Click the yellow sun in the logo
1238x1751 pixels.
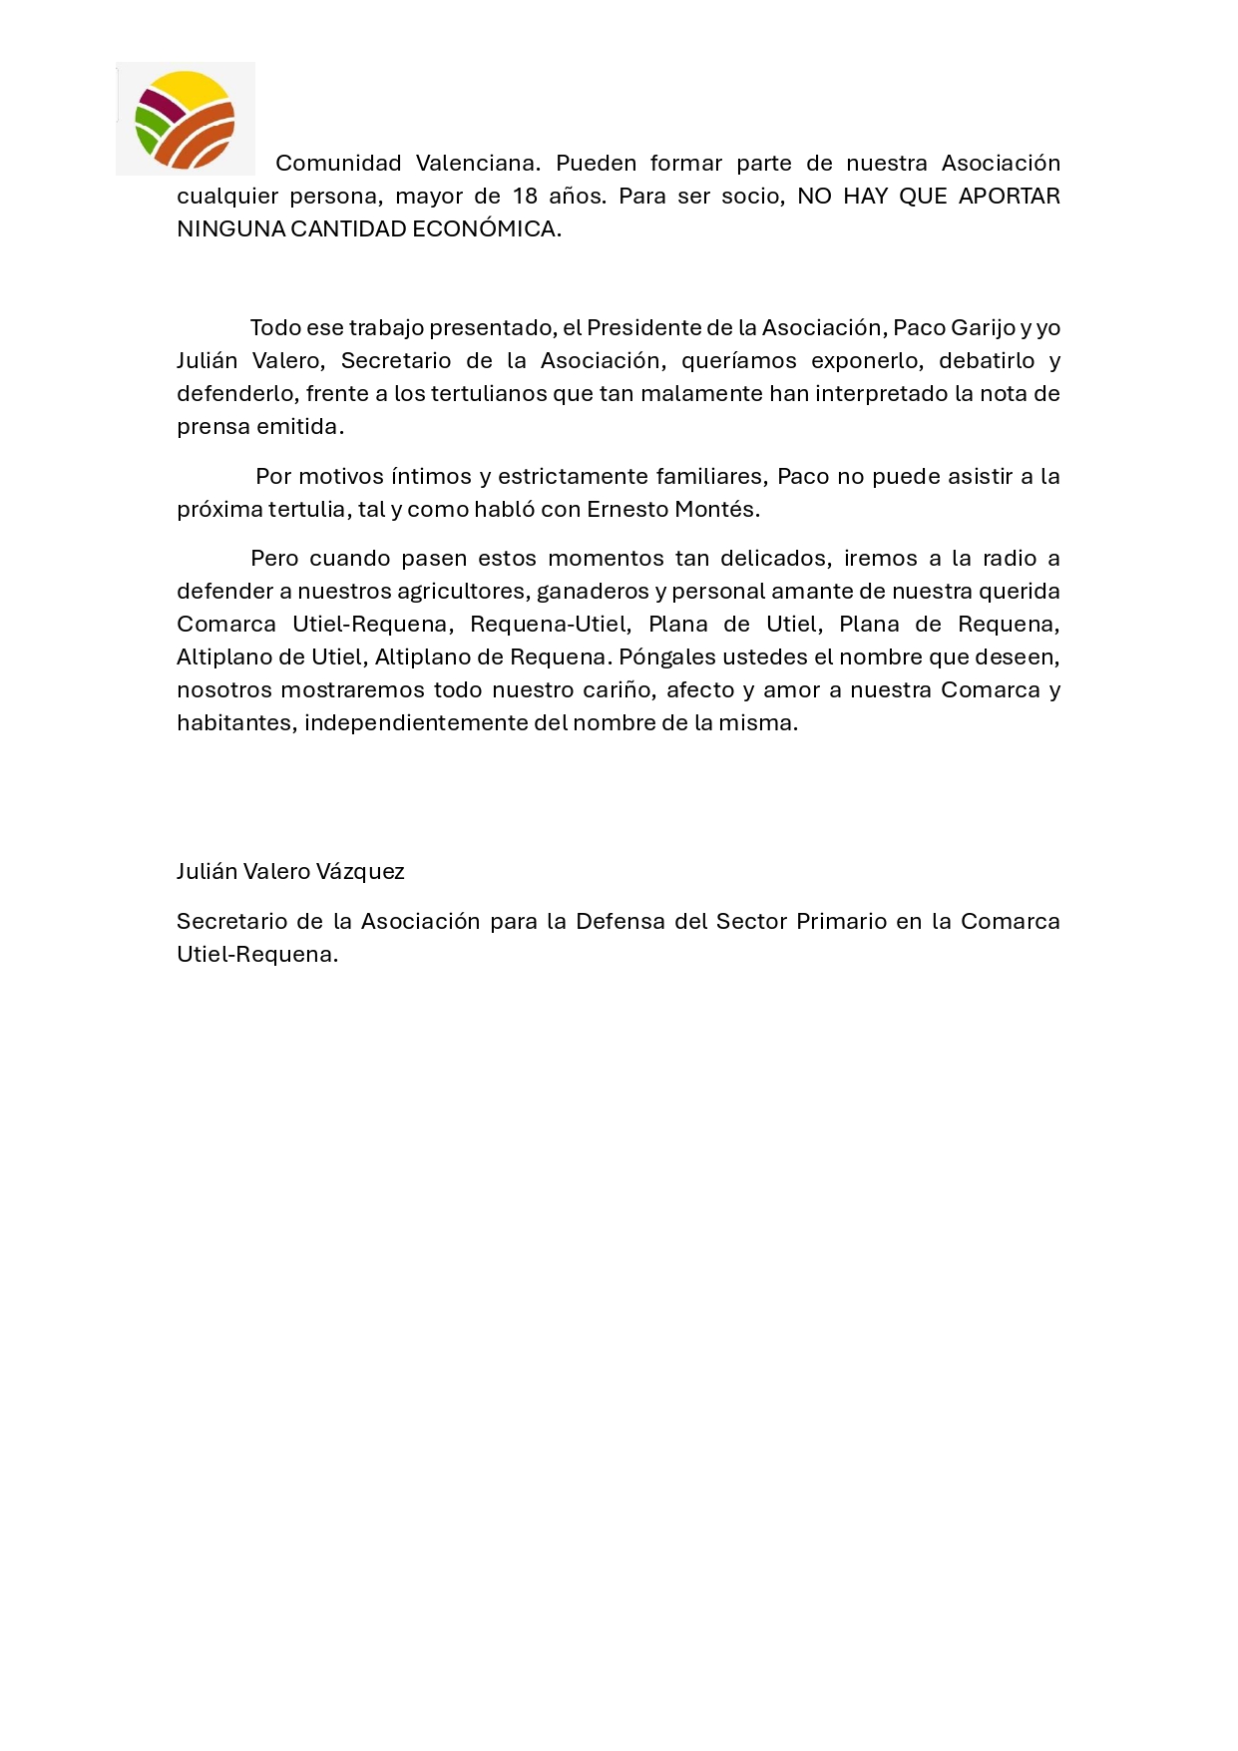[x=190, y=89]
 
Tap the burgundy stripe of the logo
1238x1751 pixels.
[x=160, y=106]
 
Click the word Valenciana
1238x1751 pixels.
[x=478, y=163]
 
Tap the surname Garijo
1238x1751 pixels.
[x=984, y=327]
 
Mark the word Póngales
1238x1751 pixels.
[x=661, y=657]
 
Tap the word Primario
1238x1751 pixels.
[x=841, y=921]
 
